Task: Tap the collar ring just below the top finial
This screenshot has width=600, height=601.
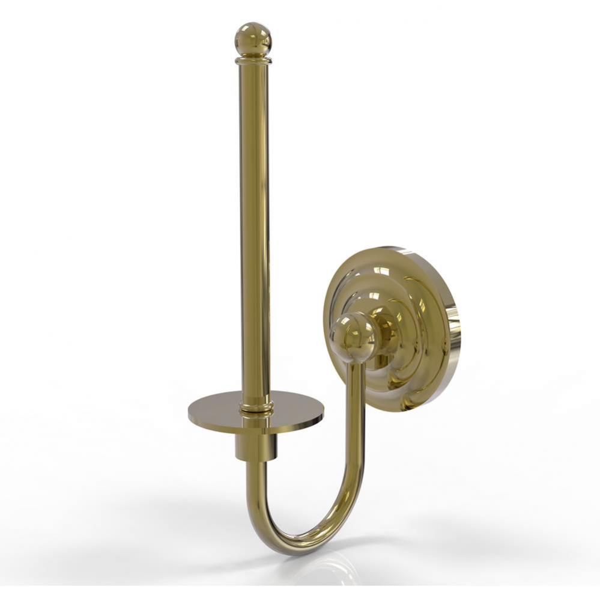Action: (x=253, y=60)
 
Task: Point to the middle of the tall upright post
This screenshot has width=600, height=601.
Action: (x=255, y=228)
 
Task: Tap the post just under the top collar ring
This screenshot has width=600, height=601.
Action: (x=253, y=78)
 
